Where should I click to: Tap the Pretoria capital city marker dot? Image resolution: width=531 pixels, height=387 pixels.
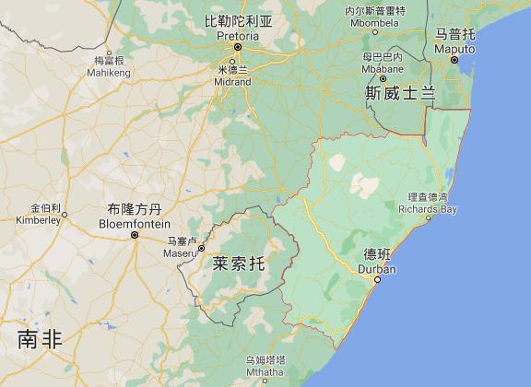coord(237,46)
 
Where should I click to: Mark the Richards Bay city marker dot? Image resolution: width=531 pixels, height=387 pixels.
coord(429,219)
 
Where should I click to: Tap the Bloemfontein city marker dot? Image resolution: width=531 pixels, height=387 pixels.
coord(135,235)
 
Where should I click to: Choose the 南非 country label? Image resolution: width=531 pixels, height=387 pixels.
coord(40,340)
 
